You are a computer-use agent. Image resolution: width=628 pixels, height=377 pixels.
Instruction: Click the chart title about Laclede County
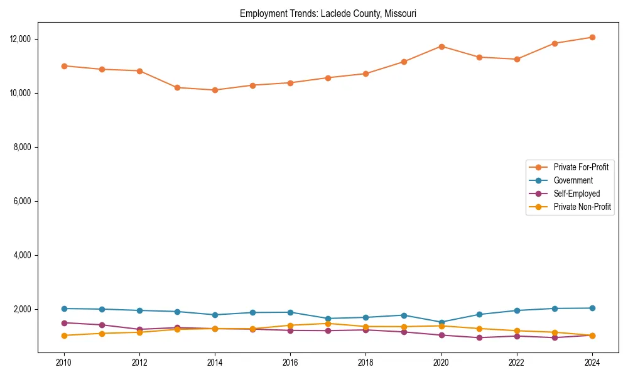328,13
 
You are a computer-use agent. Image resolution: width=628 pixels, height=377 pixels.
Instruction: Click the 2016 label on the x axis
290,362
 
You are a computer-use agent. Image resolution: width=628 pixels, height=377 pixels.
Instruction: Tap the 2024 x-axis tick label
592,362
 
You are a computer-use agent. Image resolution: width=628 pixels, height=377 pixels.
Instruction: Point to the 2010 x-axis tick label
63,362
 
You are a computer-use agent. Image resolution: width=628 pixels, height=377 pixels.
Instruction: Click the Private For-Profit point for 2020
441,46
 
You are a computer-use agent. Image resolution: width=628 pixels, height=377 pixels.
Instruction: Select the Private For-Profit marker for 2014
215,90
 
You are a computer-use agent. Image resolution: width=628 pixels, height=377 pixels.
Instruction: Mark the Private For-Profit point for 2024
592,37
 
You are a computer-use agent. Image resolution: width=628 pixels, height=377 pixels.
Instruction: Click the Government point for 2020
441,322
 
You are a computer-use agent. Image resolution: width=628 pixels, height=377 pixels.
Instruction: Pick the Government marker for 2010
63,309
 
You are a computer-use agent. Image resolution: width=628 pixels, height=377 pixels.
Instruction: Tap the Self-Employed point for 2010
63,323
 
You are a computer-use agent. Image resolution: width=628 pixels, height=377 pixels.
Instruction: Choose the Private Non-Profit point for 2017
328,324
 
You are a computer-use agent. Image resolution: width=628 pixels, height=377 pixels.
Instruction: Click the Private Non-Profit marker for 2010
63,336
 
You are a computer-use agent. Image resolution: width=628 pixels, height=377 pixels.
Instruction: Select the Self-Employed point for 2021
479,337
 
